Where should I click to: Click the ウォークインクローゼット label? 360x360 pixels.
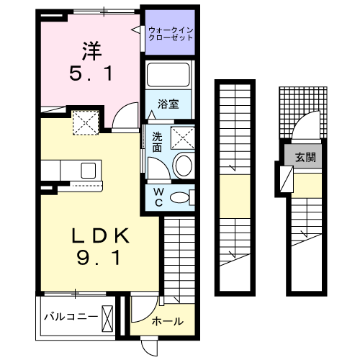click(171, 33)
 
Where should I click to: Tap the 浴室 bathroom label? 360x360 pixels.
click(169, 103)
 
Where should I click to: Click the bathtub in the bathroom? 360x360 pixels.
click(169, 76)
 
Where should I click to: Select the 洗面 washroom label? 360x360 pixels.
click(157, 142)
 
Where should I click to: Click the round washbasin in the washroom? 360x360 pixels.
click(184, 166)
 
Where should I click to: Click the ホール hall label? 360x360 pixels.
click(168, 321)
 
